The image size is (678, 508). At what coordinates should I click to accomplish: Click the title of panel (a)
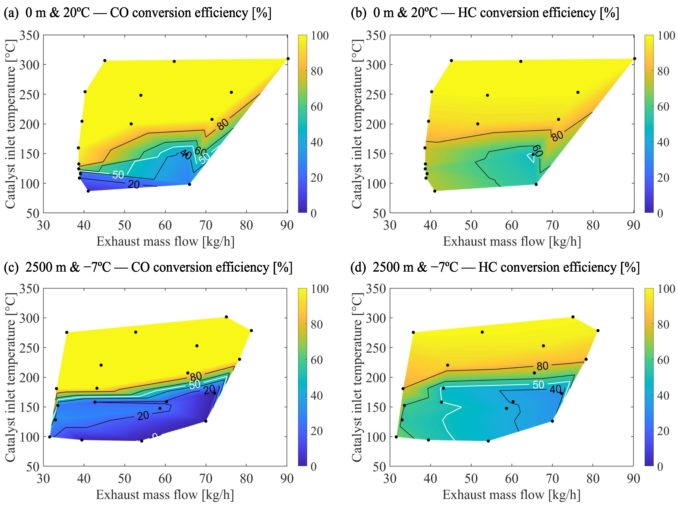[x=137, y=13]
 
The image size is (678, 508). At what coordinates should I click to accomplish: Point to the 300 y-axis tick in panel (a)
[x=29, y=65]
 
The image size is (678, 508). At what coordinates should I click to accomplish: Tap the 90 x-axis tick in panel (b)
[x=633, y=225]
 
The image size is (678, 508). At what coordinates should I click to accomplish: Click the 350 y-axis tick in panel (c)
[x=29, y=289]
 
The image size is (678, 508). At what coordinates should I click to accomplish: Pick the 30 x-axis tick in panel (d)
[x=390, y=479]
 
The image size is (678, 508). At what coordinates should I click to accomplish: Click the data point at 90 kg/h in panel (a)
[x=288, y=58]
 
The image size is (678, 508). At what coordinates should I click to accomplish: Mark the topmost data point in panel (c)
[x=226, y=317]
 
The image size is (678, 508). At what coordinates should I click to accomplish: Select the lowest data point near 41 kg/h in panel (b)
[x=435, y=191]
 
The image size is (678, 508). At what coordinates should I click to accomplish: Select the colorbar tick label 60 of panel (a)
[x=317, y=107]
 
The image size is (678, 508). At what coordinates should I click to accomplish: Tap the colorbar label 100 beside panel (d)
[x=666, y=289]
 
